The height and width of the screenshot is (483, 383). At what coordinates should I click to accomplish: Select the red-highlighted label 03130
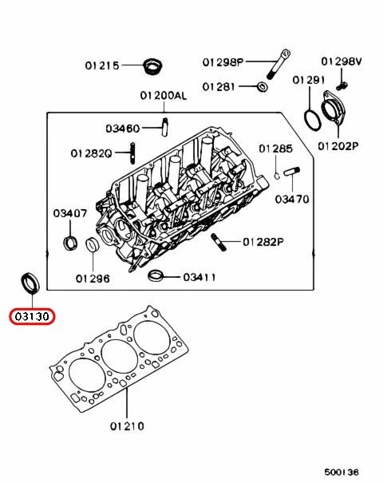(30, 317)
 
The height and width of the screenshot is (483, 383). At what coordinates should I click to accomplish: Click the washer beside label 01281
(263, 86)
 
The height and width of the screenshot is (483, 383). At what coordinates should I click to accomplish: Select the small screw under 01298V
(341, 80)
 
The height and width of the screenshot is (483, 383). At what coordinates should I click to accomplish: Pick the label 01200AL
(163, 95)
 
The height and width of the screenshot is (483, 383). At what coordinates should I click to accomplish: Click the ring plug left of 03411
(158, 277)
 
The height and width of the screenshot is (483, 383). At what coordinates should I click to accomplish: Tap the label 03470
(292, 199)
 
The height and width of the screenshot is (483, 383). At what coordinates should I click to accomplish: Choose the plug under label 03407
(69, 242)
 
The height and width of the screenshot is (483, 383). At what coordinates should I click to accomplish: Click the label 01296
(93, 279)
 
